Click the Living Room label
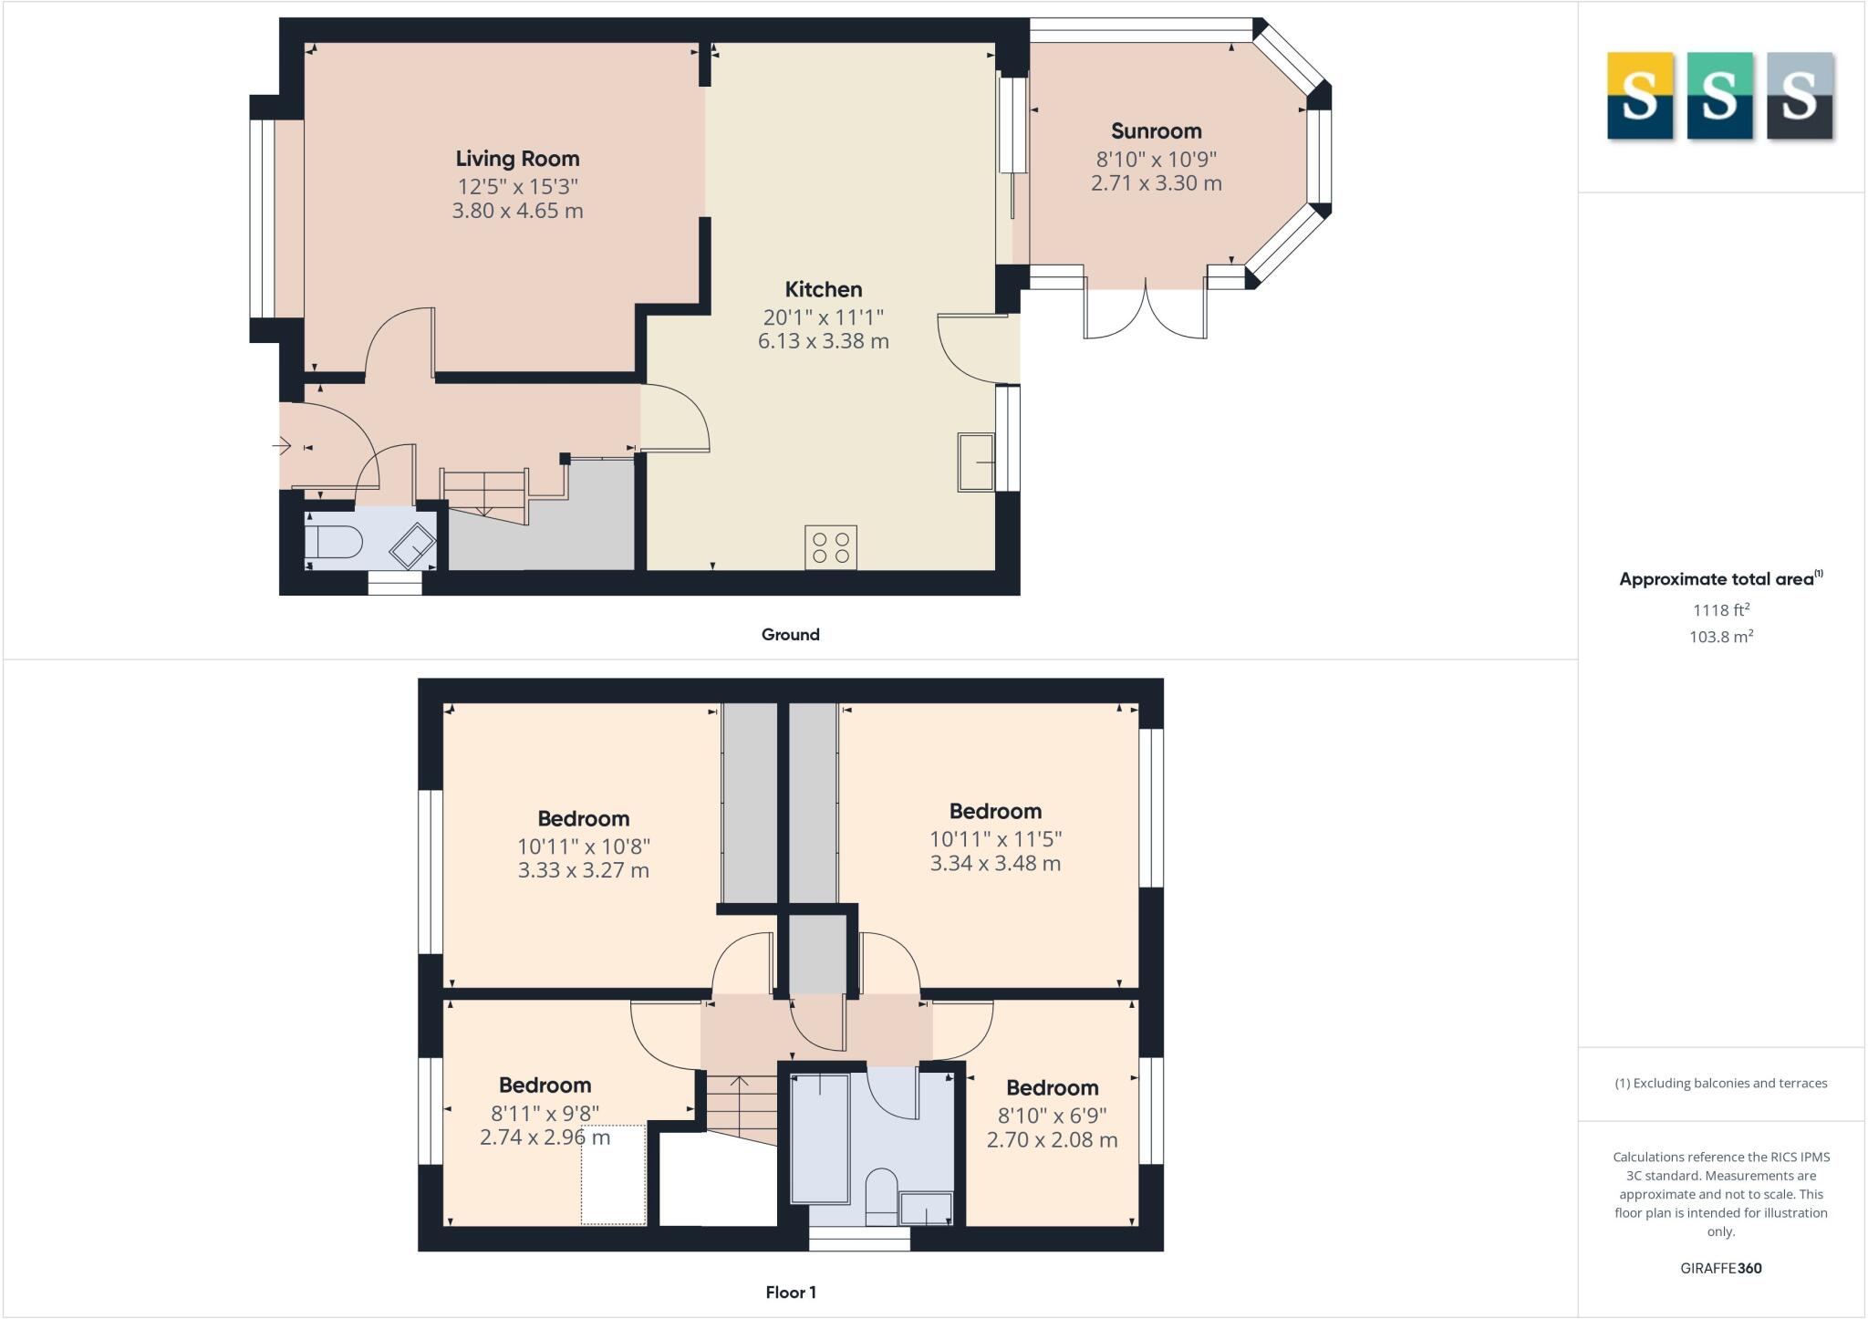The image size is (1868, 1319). pyautogui.click(x=517, y=159)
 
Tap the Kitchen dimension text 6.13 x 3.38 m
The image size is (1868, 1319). pyautogui.click(x=823, y=341)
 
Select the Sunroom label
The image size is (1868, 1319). pyautogui.click(x=1156, y=131)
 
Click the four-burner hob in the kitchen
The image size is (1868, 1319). pyautogui.click(x=830, y=547)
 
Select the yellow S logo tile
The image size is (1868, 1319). pyautogui.click(x=1639, y=96)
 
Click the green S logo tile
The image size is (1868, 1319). pyautogui.click(x=1718, y=96)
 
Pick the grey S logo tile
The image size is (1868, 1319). pyautogui.click(x=1799, y=96)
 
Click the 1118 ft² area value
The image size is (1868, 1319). pyautogui.click(x=1720, y=610)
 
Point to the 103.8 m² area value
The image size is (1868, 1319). pyautogui.click(x=1720, y=637)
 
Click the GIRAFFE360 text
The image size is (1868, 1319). pyautogui.click(x=1720, y=1268)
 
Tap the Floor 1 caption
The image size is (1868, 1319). pyautogui.click(x=790, y=1293)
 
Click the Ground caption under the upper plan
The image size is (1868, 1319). pyautogui.click(x=790, y=635)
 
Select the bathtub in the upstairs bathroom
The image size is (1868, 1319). pyautogui.click(x=820, y=1138)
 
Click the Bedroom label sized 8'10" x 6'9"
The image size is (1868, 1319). pyautogui.click(x=1052, y=1088)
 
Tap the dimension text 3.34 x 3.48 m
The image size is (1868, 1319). pyautogui.click(x=995, y=863)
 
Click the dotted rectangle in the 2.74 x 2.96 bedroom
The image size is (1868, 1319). pyautogui.click(x=614, y=1174)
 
